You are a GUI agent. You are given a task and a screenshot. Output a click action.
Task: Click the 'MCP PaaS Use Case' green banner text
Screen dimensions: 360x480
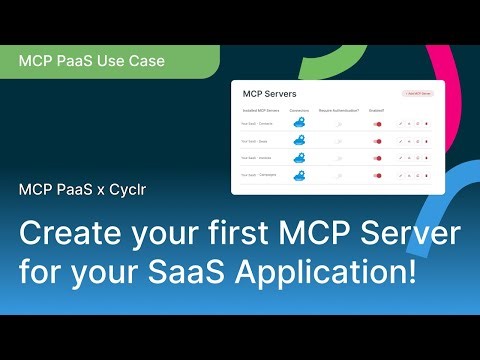click(x=92, y=61)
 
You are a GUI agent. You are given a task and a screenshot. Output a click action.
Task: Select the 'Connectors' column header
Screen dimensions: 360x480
click(x=298, y=109)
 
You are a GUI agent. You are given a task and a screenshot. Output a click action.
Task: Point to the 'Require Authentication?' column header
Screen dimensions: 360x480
click(x=340, y=109)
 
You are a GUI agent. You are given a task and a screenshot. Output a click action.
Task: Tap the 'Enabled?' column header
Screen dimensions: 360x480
click(x=377, y=109)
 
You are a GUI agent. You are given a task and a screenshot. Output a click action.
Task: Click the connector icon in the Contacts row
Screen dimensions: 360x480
click(x=298, y=124)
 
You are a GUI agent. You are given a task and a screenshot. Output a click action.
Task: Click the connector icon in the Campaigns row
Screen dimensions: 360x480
click(x=298, y=175)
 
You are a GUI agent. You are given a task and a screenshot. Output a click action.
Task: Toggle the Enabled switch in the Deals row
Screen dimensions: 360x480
click(x=378, y=141)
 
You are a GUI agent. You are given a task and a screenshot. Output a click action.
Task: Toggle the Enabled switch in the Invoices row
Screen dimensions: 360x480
click(x=378, y=158)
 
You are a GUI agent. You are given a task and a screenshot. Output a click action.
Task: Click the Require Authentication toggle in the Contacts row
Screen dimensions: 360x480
click(x=340, y=124)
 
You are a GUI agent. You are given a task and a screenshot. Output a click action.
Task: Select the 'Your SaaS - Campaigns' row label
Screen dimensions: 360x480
click(x=261, y=175)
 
